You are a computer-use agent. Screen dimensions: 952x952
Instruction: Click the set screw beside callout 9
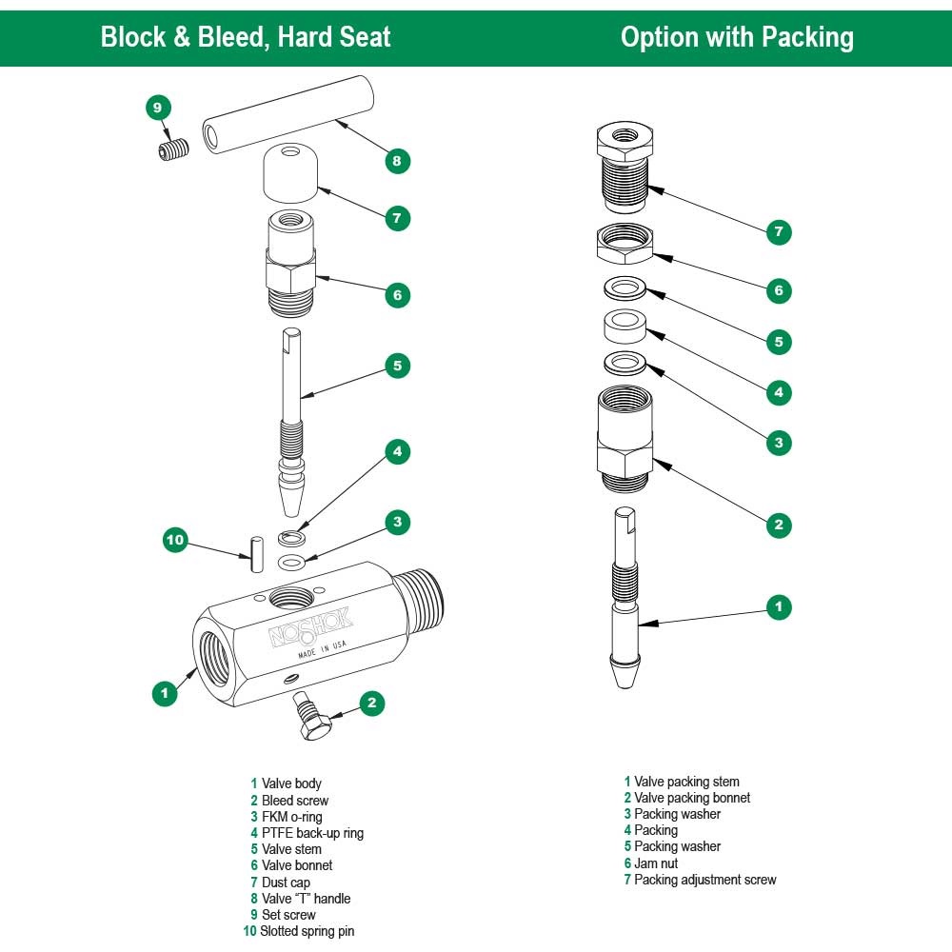coord(172,150)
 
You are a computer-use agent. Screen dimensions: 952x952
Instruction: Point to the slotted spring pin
coord(255,555)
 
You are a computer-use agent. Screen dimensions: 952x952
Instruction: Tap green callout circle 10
coord(174,541)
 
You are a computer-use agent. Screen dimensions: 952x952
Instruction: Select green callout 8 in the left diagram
coord(397,161)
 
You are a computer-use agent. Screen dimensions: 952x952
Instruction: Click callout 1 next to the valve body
coord(165,693)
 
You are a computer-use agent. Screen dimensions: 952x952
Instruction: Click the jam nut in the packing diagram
coord(624,246)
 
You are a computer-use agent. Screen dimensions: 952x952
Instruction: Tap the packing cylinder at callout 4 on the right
coord(624,327)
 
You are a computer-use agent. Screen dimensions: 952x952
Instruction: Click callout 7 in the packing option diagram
coord(779,231)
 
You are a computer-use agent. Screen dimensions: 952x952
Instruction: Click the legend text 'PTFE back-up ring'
coord(312,833)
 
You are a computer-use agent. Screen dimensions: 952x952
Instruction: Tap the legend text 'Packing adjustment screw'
coord(704,880)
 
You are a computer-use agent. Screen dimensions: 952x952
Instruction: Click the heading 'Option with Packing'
coord(737,37)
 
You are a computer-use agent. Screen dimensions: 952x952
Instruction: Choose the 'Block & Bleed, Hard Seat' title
coord(246,37)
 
